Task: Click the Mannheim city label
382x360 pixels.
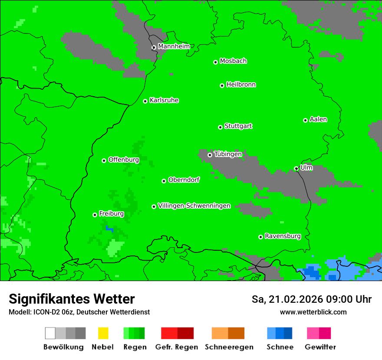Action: click(x=174, y=46)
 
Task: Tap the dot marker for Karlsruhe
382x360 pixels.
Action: click(x=145, y=101)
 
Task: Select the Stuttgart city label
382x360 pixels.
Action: click(x=238, y=126)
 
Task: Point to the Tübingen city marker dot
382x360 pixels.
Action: click(x=210, y=155)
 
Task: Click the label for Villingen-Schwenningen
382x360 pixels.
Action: click(x=194, y=206)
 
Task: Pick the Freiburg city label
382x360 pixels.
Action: click(x=111, y=214)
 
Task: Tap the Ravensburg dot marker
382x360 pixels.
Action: click(x=260, y=237)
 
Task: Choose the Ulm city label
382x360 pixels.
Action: click(x=306, y=167)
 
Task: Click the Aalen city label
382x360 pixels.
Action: click(x=318, y=119)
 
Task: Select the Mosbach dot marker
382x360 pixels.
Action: click(x=215, y=62)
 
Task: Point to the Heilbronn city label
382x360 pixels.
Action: click(x=241, y=85)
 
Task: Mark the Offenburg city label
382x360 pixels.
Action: click(x=124, y=160)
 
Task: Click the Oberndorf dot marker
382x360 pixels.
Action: click(x=164, y=181)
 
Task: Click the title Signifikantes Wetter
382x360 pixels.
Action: click(x=72, y=299)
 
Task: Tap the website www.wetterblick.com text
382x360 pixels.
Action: click(x=313, y=312)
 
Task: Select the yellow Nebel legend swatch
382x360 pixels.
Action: click(x=103, y=333)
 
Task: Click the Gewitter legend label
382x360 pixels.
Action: click(x=320, y=347)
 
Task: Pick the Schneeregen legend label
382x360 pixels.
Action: click(x=229, y=347)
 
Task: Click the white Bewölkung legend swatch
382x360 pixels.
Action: click(x=50, y=333)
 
